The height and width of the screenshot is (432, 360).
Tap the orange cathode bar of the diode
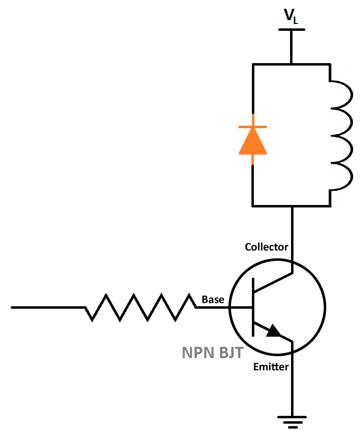pyautogui.click(x=252, y=127)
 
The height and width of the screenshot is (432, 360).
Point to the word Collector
pyautogui.click(x=266, y=247)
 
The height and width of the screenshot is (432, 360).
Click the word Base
pyautogui.click(x=213, y=299)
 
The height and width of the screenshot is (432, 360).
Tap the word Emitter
pyautogui.click(x=270, y=366)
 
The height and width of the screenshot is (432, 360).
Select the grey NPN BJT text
pyautogui.click(x=212, y=353)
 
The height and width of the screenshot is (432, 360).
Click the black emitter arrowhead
pyautogui.click(x=274, y=332)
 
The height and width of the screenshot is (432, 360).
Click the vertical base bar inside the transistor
pyautogui.click(x=253, y=307)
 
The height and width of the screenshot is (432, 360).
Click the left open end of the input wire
pyautogui.click(x=13, y=307)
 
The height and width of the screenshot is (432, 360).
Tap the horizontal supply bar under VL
pyautogui.click(x=292, y=29)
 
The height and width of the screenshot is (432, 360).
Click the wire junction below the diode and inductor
pyautogui.click(x=292, y=205)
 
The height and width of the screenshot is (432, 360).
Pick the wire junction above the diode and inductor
pyautogui.click(x=292, y=64)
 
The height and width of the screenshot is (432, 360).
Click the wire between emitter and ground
pyautogui.click(x=292, y=387)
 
